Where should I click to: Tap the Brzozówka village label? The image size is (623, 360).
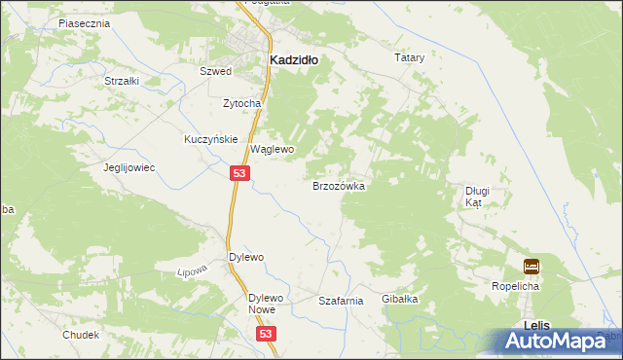(x=338, y=185)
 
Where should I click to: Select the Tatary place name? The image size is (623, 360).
(x=410, y=58)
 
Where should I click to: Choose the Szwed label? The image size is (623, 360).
(x=214, y=72)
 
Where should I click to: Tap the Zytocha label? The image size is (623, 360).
(x=241, y=103)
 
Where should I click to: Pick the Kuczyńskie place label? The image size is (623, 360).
(x=211, y=139)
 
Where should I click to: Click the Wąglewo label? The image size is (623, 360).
(x=273, y=150)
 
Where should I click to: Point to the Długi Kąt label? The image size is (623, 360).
(x=476, y=198)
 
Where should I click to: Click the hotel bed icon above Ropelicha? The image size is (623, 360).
(x=531, y=266)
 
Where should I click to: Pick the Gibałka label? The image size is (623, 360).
(x=399, y=299)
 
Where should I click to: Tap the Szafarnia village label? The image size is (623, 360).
(x=341, y=302)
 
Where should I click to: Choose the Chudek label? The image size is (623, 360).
(x=81, y=335)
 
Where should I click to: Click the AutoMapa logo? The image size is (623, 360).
(x=560, y=341)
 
